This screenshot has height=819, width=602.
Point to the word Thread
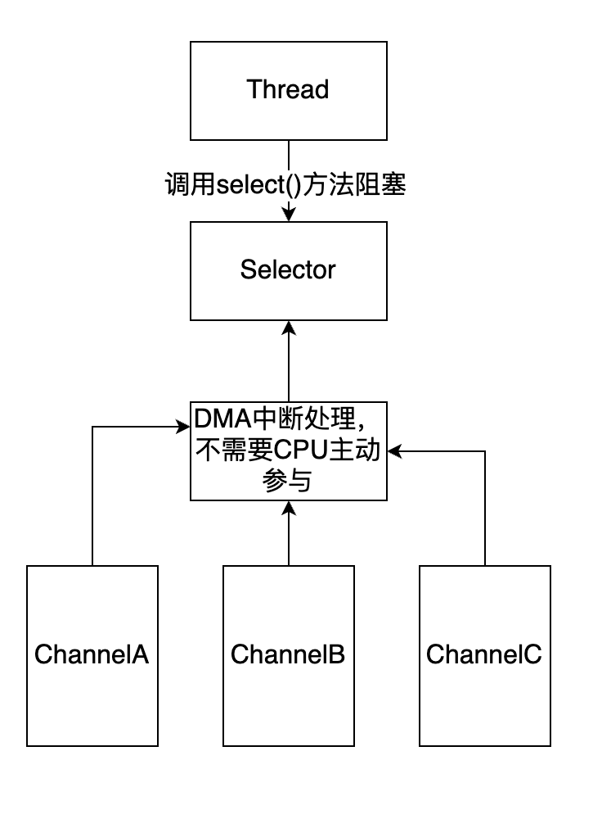(288, 89)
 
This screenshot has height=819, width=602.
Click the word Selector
(288, 269)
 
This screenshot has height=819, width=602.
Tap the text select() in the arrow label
(257, 186)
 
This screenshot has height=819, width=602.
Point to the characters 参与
(288, 482)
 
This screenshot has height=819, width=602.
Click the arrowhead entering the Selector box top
(288, 215)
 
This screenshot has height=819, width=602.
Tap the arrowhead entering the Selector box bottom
(288, 327)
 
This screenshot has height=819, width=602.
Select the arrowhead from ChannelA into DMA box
(184, 426)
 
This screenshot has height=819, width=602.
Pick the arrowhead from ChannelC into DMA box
(393, 450)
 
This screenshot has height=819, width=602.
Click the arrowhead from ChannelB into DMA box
(288, 507)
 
